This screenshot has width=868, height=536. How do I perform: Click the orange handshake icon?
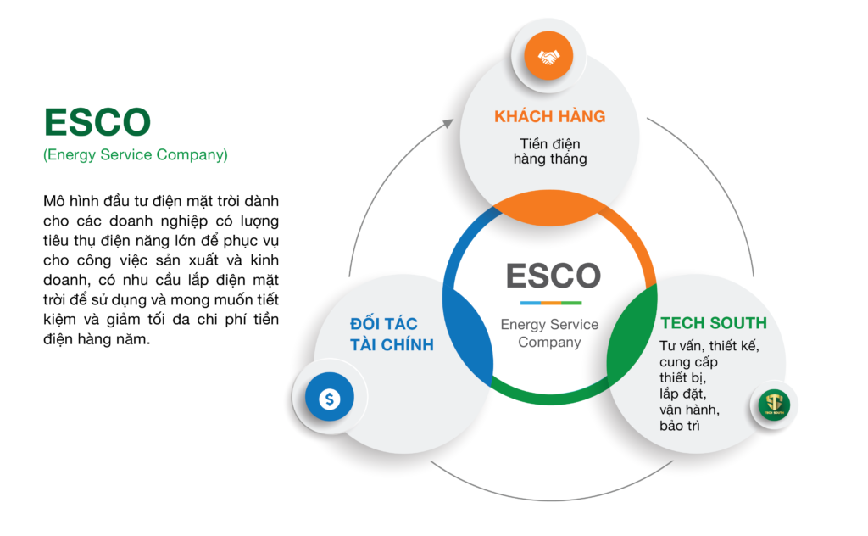548,56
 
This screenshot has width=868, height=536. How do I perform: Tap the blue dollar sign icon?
330,397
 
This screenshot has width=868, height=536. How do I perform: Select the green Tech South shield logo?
774,405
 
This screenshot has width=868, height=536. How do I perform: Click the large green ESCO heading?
97,122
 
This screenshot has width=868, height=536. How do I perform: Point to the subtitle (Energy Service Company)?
136,154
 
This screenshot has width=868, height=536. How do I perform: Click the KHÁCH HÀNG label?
549,116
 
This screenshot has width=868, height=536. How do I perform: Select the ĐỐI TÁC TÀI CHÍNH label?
392,334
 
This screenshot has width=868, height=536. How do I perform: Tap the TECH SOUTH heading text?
714,323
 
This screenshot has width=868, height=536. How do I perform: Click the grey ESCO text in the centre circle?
553,276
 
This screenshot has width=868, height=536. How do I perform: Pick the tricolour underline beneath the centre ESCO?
551,303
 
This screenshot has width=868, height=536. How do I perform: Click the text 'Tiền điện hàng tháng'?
549,152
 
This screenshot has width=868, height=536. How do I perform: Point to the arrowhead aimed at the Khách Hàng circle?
448,124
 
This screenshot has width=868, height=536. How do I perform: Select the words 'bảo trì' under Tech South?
680,426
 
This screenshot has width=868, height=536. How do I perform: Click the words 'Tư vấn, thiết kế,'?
709,346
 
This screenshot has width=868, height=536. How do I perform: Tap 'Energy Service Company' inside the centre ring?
549,333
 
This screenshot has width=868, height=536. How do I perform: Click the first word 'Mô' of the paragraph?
53,201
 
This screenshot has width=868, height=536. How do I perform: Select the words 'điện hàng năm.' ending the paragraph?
97,339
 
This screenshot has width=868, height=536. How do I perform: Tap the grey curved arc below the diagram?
551,500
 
